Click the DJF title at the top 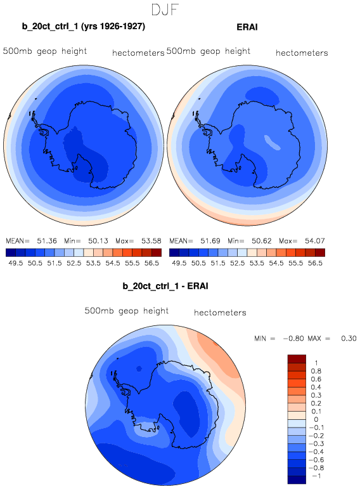165,10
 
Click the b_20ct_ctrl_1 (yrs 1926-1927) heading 84,26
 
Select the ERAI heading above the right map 247,27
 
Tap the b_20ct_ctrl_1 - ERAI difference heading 165,286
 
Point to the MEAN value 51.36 47,241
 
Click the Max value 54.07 315,241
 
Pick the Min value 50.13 98,241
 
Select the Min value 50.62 262,241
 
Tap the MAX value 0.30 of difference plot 349,339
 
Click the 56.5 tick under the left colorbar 151,263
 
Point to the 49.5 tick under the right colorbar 179,263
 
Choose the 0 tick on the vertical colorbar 316,419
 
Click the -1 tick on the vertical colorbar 316,476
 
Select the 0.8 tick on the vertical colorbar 316,371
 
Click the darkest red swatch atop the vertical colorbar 297,358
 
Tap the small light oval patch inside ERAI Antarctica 272,142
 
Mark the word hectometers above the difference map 220,313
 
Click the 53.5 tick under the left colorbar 93,263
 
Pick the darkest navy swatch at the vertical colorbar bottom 297,479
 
